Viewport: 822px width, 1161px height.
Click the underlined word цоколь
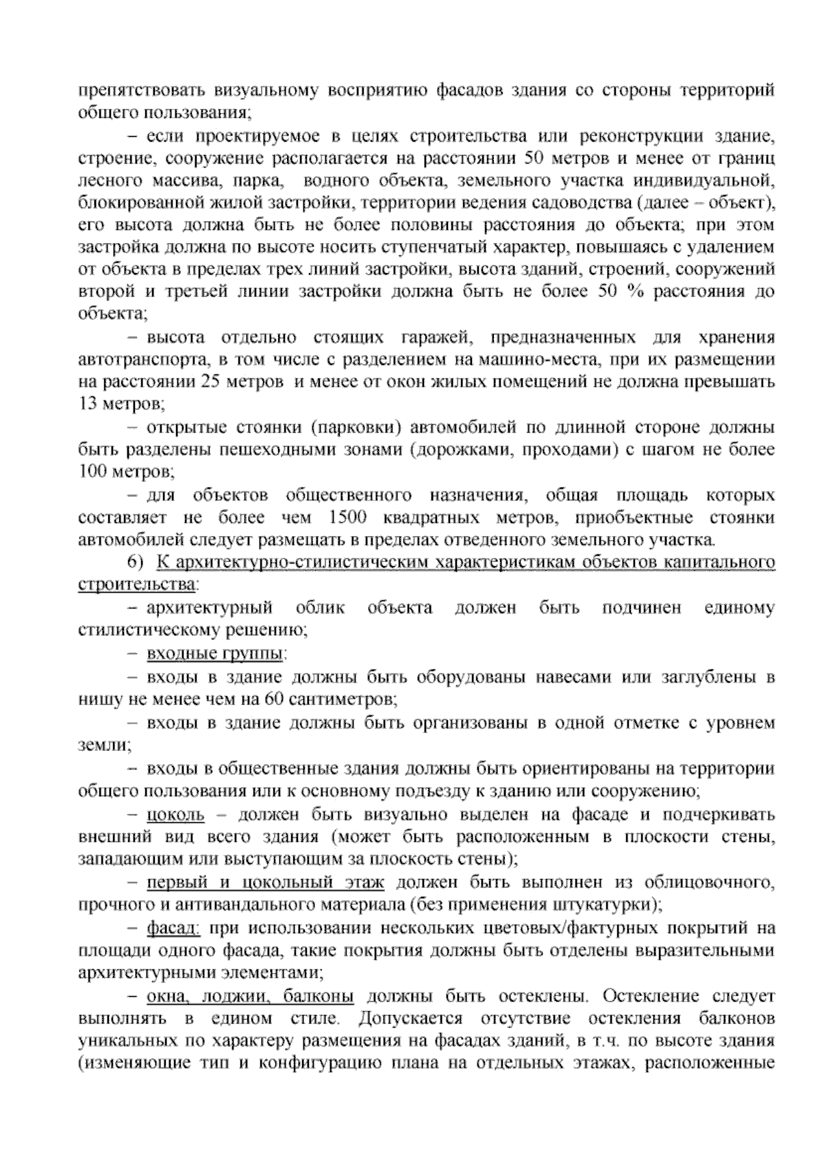click(175, 815)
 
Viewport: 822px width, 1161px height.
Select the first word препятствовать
click(140, 90)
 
